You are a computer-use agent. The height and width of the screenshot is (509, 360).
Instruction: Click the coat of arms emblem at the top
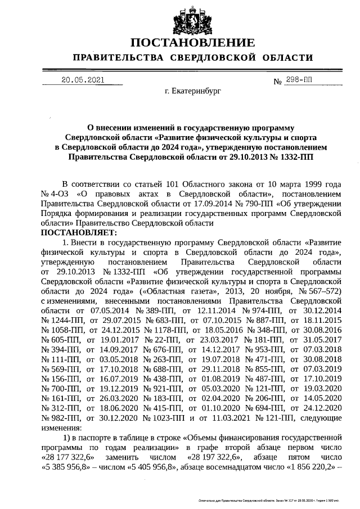[192, 20]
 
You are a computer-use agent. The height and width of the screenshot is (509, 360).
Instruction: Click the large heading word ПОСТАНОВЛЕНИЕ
[192, 43]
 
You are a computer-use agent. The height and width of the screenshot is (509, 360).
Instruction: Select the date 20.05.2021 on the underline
[83, 80]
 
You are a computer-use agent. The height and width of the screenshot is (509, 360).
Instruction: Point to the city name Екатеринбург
[193, 90]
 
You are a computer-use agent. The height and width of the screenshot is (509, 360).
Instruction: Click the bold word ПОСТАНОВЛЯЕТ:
[78, 232]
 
